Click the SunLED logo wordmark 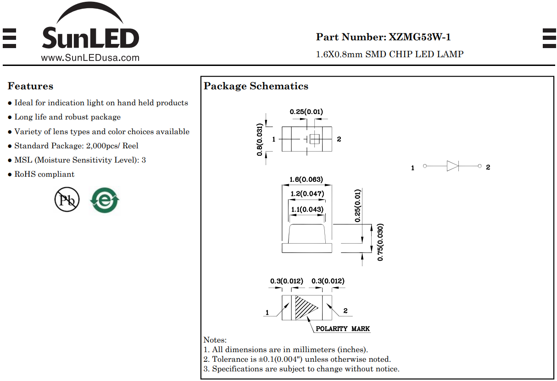point(90,38)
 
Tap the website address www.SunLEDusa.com point(90,58)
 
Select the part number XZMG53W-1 point(419,37)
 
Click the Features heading point(30,86)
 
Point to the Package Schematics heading point(256,86)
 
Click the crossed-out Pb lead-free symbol point(67,200)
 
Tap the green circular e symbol point(105,200)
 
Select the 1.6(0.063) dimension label point(306,179)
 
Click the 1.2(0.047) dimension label point(307,193)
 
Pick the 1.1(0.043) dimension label point(307,209)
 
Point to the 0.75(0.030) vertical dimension point(380,242)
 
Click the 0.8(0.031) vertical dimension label point(259,140)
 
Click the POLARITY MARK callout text point(343,329)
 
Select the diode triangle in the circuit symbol point(452,166)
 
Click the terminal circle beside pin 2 point(479,166)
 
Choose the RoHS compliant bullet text point(44,174)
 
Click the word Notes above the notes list point(215,340)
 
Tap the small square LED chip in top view point(315,139)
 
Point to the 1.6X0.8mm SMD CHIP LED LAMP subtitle point(390,54)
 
